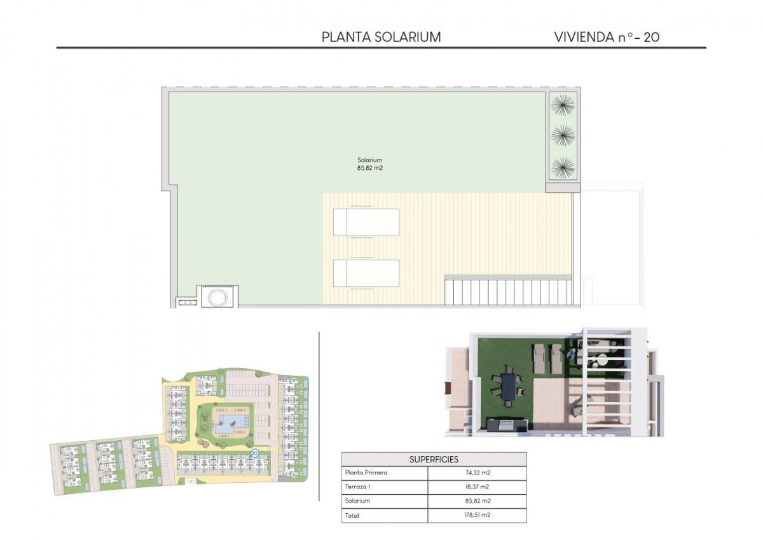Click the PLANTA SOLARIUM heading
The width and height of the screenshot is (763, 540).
pos(381,37)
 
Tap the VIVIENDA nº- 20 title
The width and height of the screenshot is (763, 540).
pos(607,37)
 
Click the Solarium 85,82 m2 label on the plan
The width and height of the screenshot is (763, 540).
pos(369,164)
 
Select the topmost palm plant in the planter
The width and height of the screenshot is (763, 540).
pos(563,105)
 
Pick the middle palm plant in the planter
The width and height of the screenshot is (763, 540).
pos(563,135)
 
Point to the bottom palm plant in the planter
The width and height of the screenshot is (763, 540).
pos(563,167)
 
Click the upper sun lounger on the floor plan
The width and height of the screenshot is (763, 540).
pos(366,222)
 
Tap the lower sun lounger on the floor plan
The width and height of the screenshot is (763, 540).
pos(366,273)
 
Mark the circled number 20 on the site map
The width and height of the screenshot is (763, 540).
pos(254,453)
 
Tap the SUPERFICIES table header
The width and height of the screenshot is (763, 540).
pos(434,459)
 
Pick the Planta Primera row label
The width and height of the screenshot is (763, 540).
pos(366,473)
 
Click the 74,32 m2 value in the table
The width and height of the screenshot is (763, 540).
pos(477,473)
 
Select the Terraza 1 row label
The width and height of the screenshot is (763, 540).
pos(359,487)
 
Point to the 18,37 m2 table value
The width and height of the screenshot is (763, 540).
pos(477,487)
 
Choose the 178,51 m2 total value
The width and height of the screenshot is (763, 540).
pos(477,516)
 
